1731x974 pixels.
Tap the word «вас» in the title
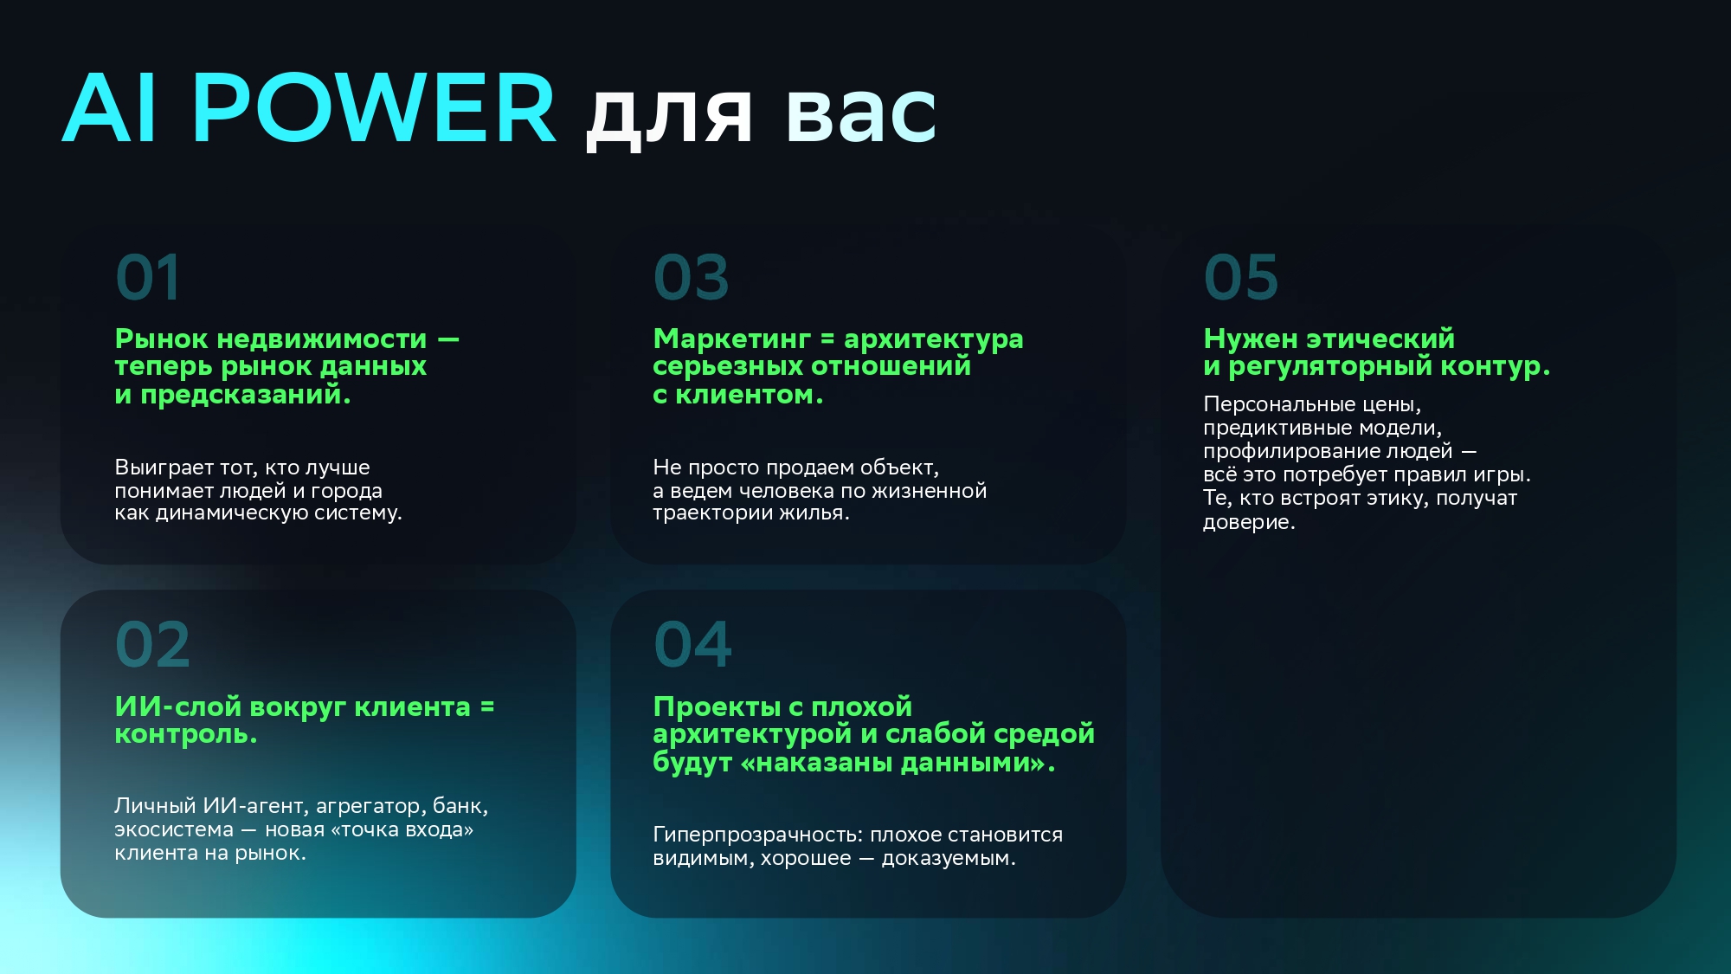coord(861,115)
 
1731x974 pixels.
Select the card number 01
coord(148,278)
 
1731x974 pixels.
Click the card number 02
coord(152,645)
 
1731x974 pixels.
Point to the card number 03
coord(692,278)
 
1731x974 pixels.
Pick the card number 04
coord(693,645)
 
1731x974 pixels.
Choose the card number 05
coord(1241,278)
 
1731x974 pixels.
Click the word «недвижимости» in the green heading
coord(322,339)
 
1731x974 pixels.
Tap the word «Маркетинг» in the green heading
coord(732,339)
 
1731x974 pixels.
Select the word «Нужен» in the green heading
coord(1251,339)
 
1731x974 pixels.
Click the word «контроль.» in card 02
coord(186,734)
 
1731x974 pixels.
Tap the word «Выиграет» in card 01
coord(164,468)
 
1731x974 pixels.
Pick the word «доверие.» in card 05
coord(1249,522)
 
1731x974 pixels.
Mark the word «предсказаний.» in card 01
coord(246,396)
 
